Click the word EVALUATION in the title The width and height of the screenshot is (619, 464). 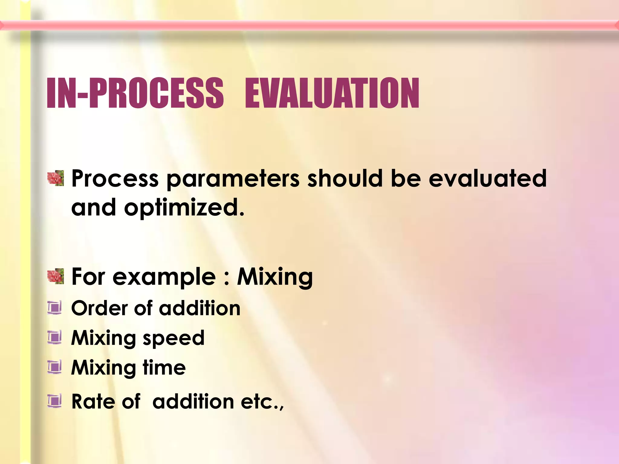pos(332,93)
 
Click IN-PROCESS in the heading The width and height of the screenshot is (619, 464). pos(135,93)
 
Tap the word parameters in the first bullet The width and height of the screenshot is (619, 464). pos(233,179)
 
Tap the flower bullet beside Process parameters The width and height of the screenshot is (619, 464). pos(56,178)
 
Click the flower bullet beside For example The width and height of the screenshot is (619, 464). pos(56,276)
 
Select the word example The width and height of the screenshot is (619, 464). pos(164,277)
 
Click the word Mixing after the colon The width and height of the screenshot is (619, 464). pos(274,277)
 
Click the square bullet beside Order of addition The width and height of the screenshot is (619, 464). pos(55,308)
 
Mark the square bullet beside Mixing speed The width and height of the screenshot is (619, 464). pos(55,337)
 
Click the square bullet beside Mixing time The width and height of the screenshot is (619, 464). pos(55,367)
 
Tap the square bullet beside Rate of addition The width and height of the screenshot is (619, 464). pos(55,401)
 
